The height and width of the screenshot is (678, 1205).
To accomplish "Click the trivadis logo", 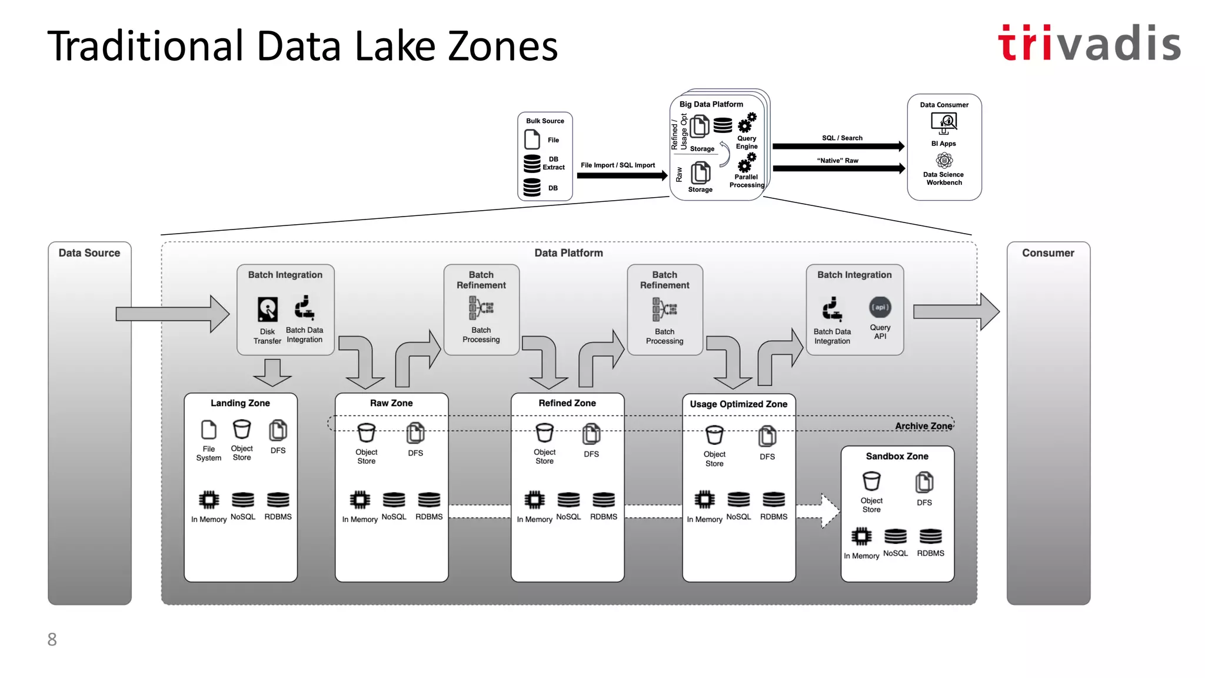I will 1089,44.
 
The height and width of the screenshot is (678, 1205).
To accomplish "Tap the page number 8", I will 52,639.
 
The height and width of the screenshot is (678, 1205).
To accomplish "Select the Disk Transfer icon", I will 268,309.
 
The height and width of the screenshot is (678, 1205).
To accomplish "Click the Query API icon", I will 880,307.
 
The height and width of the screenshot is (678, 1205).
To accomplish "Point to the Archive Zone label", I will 923,426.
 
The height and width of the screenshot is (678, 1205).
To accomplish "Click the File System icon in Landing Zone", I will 208,430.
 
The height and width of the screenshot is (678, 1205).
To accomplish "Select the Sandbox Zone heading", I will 897,456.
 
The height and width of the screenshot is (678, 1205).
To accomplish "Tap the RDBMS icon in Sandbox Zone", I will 930,536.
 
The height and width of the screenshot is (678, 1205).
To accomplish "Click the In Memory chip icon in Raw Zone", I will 360,500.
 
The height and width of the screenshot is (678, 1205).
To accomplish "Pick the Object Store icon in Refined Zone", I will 544,434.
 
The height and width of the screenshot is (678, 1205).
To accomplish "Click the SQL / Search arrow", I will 838,146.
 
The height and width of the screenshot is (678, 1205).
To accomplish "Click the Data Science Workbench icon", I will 944,160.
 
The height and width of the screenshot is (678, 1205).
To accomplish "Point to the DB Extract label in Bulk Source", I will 553,163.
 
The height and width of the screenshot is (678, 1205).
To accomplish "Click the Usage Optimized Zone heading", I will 738,404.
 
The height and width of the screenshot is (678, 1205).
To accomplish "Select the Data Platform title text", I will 568,253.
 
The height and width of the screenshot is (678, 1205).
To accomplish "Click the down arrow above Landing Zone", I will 272,373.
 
